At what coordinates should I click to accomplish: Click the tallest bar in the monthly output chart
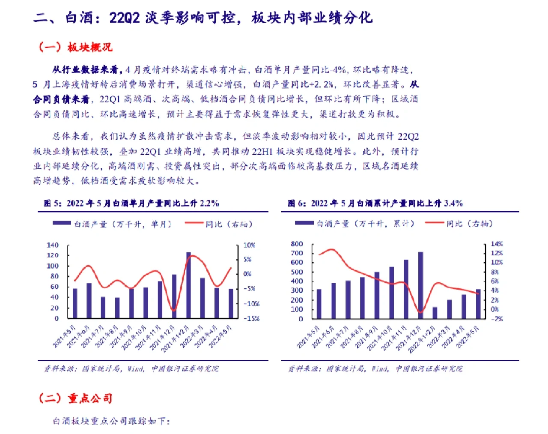[188, 285]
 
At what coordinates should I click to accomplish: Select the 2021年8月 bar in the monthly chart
[117, 308]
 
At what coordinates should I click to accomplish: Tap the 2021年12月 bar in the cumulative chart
[420, 285]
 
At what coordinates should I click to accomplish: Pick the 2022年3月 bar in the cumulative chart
[449, 309]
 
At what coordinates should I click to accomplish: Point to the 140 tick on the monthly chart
[52, 245]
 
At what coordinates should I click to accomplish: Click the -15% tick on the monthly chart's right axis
[252, 318]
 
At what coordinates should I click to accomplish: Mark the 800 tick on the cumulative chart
[297, 244]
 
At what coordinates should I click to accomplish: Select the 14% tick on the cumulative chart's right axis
[497, 244]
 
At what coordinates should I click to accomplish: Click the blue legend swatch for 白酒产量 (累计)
[304, 223]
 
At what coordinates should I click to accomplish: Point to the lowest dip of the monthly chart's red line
[173, 310]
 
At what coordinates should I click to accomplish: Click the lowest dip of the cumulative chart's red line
[420, 312]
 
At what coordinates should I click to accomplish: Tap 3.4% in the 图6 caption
[453, 203]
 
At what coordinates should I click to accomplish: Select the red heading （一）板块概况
[76, 47]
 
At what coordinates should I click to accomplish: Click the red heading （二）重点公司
[76, 398]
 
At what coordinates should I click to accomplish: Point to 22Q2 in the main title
[125, 18]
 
